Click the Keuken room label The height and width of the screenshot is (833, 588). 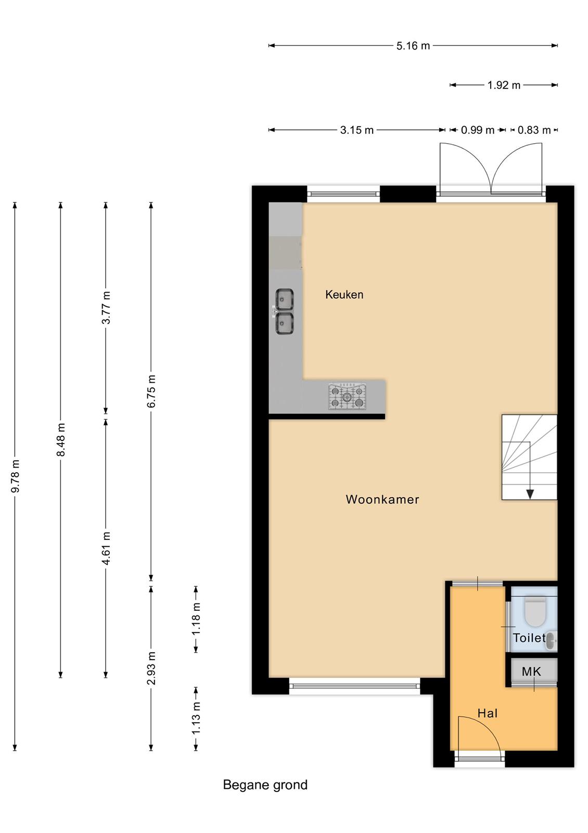point(344,295)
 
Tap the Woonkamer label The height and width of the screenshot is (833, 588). point(382,499)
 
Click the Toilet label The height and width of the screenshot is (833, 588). point(529,638)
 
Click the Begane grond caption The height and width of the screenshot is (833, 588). point(265,785)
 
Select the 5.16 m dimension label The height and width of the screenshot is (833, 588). point(413,46)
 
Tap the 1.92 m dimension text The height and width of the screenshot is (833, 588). point(504,85)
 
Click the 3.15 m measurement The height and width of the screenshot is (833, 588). point(357,130)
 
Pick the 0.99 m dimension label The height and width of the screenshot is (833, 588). point(478,130)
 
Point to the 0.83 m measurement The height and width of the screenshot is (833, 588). point(534,130)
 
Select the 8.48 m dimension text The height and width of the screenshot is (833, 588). point(61,439)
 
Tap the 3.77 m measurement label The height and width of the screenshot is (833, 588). point(106,308)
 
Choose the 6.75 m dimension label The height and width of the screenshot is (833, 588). point(151,391)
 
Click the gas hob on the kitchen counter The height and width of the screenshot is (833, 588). point(347,396)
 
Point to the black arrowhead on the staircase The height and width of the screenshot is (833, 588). point(530,494)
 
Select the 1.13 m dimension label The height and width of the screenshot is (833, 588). point(196,718)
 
